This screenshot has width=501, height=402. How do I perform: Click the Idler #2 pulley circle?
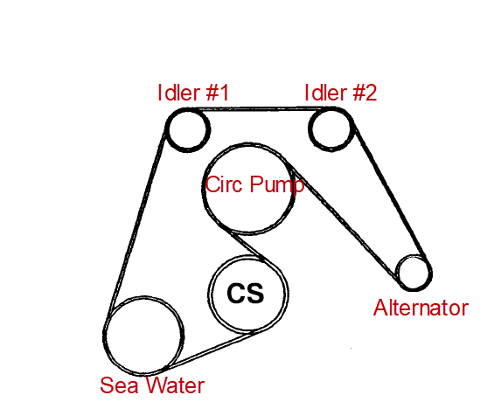(310, 128)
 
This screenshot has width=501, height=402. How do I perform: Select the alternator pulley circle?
(397, 273)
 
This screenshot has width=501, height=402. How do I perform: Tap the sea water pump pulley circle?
(104, 336)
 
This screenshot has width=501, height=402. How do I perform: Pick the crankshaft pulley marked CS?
(209, 294)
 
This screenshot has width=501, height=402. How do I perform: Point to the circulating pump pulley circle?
(203, 189)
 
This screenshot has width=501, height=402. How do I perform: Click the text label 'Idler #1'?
(193, 93)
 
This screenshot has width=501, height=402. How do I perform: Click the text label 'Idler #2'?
(341, 93)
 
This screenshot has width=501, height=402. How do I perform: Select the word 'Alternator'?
(421, 308)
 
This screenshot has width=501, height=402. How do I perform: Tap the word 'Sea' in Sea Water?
(119, 385)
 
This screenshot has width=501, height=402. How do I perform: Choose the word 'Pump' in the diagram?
(276, 185)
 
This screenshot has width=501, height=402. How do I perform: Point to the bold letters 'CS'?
(246, 293)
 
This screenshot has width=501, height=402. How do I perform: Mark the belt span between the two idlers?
(260, 109)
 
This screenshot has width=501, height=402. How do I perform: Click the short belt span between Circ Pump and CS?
(247, 246)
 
